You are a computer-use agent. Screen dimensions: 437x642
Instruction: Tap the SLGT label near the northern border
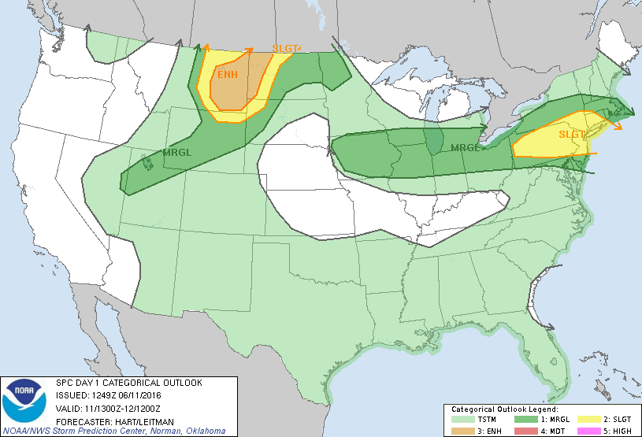click(x=285, y=49)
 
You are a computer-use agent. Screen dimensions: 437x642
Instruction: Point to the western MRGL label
click(x=175, y=152)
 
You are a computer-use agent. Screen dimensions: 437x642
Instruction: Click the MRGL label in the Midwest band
click(x=464, y=147)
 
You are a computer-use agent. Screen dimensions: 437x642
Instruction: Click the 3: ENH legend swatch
click(x=462, y=431)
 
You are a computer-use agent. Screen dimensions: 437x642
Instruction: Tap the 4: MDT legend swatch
click(x=525, y=431)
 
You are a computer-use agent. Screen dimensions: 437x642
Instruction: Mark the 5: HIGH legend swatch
click(x=588, y=431)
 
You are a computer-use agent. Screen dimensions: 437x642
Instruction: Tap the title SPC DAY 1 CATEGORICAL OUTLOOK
click(x=128, y=383)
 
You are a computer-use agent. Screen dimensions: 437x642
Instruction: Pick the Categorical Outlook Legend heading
click(x=504, y=409)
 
